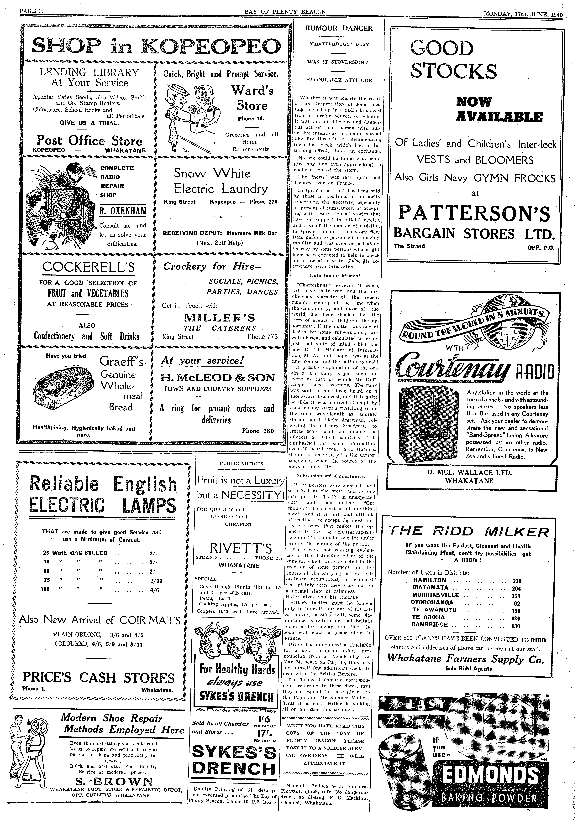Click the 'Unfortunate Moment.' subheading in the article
click(335, 276)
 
